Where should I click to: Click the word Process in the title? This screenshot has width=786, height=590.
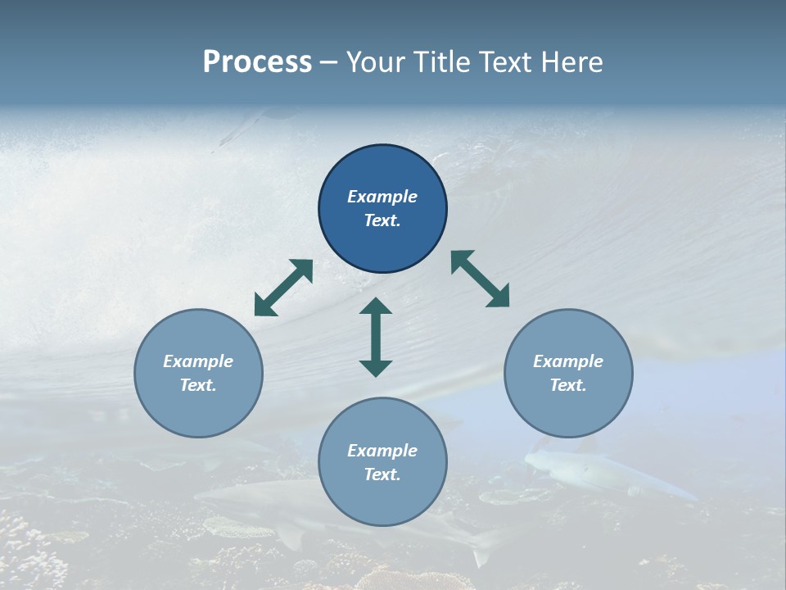point(257,62)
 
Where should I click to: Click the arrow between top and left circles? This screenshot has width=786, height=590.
point(283,288)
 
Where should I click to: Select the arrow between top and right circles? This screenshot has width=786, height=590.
point(480,279)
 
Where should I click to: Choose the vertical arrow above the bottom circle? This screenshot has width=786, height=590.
point(376,337)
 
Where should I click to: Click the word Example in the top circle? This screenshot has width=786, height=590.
point(382,197)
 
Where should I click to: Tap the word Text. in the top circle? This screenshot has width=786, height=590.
point(382,220)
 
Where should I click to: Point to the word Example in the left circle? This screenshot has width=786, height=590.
point(198,361)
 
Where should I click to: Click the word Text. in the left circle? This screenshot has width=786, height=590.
point(198,385)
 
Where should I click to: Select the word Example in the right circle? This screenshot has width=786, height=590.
point(568,361)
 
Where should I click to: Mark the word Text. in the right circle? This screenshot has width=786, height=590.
point(568,385)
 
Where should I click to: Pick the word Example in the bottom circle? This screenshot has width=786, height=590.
point(382,451)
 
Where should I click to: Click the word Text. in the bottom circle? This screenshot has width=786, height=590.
point(382,474)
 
